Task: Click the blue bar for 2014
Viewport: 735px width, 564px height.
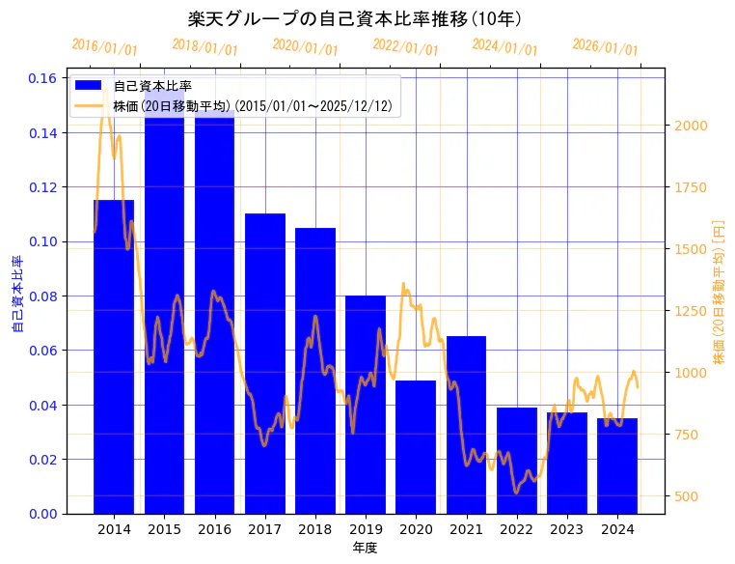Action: (114, 357)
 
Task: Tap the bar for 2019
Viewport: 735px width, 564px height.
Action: (366, 405)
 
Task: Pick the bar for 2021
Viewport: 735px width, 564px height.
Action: (467, 425)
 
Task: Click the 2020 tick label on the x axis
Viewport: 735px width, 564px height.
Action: (416, 529)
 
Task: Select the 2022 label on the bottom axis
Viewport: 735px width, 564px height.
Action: (517, 529)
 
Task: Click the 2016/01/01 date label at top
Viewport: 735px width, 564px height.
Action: (105, 46)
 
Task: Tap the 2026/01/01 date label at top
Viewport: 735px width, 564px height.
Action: (605, 46)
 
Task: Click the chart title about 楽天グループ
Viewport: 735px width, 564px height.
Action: (357, 19)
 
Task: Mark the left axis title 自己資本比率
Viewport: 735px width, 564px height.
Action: (17, 295)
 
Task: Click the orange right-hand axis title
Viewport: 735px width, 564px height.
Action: (718, 292)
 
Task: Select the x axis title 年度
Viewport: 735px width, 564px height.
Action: (365, 548)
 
